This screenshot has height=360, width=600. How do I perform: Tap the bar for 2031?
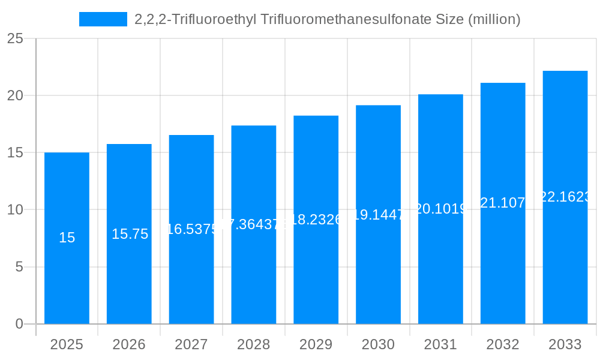tap(440, 270)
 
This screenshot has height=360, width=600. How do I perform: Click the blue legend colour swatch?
tap(103, 19)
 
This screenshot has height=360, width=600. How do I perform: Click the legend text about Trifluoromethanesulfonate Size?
tap(327, 19)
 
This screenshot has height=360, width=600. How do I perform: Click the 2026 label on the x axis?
tap(129, 344)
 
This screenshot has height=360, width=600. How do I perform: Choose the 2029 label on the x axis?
tap(316, 344)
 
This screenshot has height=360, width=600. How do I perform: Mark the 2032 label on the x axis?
tap(503, 344)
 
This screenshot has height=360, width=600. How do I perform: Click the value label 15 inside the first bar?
tap(67, 238)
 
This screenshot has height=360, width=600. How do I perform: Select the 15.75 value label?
tap(130, 234)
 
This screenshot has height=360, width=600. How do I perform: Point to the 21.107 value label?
tap(503, 203)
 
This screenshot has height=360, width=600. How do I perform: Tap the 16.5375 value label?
tap(191, 229)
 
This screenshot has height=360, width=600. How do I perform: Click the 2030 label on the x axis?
tap(378, 344)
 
